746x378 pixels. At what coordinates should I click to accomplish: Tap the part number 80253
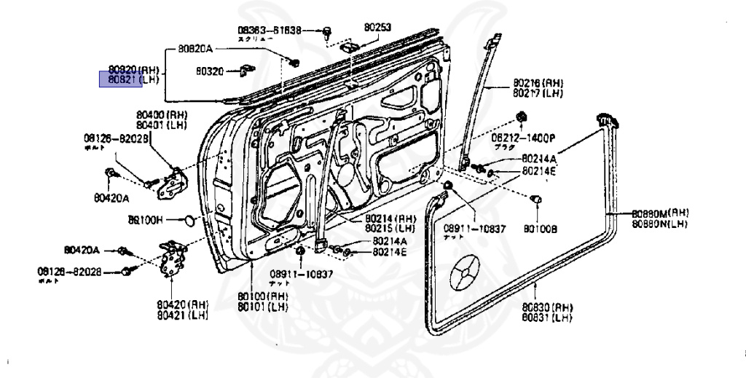(378, 28)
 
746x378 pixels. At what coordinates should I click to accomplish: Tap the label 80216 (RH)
(538, 84)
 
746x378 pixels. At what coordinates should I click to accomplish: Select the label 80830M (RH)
(660, 213)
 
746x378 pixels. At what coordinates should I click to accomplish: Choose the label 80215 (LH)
(390, 227)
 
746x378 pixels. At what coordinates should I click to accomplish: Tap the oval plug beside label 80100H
(187, 219)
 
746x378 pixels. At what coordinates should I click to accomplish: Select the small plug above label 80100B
(538, 199)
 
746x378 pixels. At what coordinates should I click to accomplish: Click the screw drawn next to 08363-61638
(328, 31)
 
